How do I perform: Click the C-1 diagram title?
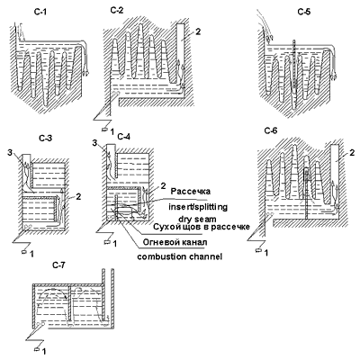[40, 13]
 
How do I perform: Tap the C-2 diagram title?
[117, 11]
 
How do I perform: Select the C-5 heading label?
[304, 12]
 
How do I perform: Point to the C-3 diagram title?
[46, 139]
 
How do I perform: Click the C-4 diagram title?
[124, 137]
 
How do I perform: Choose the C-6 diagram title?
[271, 130]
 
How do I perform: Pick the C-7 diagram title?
[58, 265]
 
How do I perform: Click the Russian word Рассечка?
[191, 192]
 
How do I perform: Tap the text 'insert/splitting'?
[198, 207]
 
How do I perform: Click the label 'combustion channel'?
[180, 256]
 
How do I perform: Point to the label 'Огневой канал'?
[175, 242]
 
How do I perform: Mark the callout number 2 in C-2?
[198, 31]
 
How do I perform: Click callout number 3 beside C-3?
[11, 153]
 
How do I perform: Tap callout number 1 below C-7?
[44, 351]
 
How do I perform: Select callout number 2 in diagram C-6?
[352, 153]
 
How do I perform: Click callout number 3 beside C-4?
[94, 143]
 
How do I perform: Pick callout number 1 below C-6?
[265, 253]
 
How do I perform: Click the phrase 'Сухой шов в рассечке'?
[202, 227]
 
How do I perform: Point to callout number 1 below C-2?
[112, 131]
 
